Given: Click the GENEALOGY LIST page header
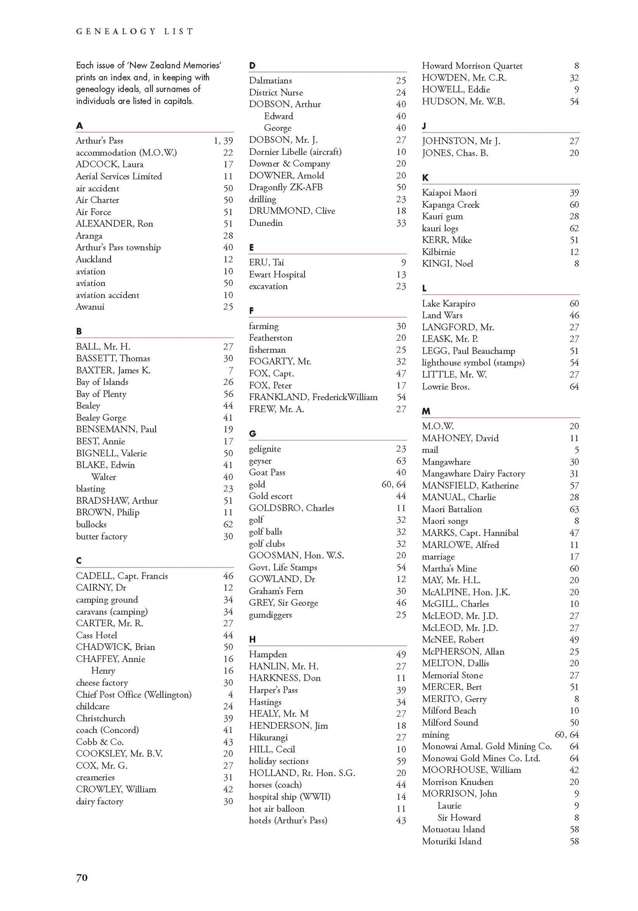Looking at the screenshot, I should tap(135, 32).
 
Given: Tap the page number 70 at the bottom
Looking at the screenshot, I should tap(82, 877).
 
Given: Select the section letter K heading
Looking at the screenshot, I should tap(425, 177).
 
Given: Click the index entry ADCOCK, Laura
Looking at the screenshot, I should tap(109, 164).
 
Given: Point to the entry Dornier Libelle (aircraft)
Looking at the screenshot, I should tap(295, 152).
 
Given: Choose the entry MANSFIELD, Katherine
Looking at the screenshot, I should tap(470, 485).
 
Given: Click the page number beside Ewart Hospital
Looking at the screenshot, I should tap(401, 274).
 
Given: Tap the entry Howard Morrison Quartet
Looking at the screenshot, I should tap(472, 66).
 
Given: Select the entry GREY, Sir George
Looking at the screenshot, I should tap(283, 603).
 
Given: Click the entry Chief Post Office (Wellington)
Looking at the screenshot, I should tap(133, 694).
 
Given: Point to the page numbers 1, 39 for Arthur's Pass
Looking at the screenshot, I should tap(223, 141).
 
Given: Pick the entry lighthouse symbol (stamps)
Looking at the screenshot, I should tap(473, 363).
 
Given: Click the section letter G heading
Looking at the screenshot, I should tap(252, 433).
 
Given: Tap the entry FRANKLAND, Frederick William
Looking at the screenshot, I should tap(313, 397).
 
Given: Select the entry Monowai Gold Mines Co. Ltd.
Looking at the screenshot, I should tap(481, 758).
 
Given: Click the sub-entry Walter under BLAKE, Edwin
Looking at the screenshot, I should tap(103, 477).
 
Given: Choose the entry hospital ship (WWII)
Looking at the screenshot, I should tap(289, 796).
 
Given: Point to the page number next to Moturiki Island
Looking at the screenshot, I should tap(574, 841).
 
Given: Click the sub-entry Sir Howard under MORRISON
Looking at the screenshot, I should tap(459, 817).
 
